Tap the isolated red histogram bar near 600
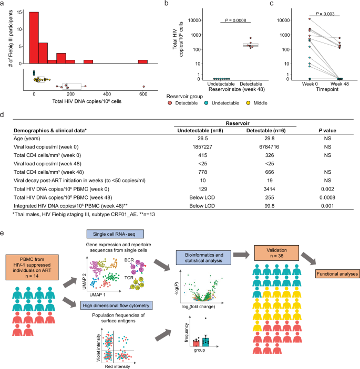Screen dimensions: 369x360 coord(142,62)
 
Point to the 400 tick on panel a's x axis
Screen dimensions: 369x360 coord(107,93)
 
